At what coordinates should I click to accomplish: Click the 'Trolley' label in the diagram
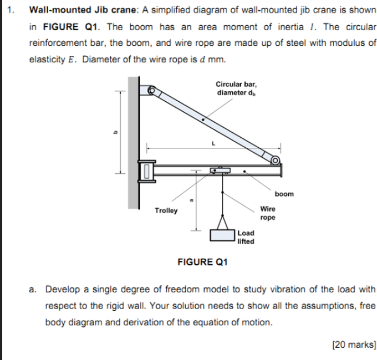click(166, 211)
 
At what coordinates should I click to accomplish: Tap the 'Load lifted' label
click(246, 237)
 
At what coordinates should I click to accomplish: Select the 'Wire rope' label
click(268, 213)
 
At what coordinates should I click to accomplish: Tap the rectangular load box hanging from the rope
click(222, 235)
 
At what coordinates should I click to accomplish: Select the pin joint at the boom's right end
click(276, 161)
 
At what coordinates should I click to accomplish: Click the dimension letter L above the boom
click(213, 143)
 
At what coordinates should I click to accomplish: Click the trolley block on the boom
click(220, 170)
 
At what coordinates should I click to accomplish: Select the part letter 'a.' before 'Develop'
click(33, 289)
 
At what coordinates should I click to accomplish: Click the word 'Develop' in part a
click(62, 289)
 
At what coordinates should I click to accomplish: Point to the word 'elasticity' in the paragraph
click(47, 59)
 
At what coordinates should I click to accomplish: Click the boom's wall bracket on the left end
click(148, 170)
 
